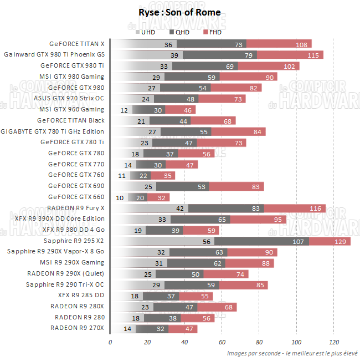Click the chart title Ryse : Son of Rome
tap(179, 12)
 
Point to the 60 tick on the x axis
tap(222, 342)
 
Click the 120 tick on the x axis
tap(333, 342)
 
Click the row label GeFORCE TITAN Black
tap(70, 120)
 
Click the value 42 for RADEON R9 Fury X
tap(179, 209)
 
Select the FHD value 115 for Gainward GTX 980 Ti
tap(313, 55)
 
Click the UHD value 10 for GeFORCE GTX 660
tap(120, 197)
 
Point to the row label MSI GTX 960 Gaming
tap(71, 109)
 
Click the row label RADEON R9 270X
tap(77, 328)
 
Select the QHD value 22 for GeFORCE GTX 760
tap(143, 176)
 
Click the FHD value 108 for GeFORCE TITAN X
tap(302, 44)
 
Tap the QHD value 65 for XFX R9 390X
tap(222, 220)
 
